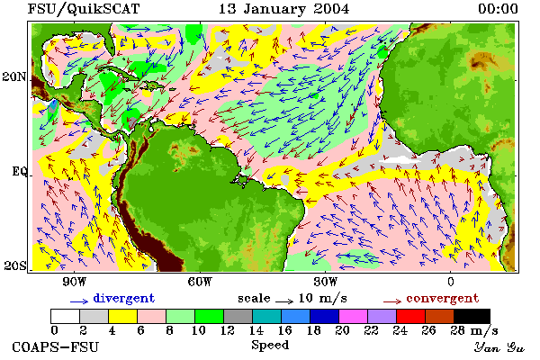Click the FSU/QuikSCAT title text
(84, 9)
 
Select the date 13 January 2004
(283, 9)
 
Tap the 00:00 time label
(498, 9)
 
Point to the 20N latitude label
(14, 76)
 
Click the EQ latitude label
(19, 171)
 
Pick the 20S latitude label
(15, 265)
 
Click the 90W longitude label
(74, 282)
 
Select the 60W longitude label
(200, 282)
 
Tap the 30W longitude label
(325, 282)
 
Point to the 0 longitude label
(451, 282)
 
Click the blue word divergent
(124, 298)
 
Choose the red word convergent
(443, 298)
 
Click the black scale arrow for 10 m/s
(284, 301)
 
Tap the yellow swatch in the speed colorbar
(122, 316)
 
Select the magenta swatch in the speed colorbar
(354, 316)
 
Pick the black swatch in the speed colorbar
(472, 316)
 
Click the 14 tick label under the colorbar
(256, 330)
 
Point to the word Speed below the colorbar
(270, 346)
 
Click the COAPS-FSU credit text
(56, 346)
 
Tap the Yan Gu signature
(499, 347)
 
